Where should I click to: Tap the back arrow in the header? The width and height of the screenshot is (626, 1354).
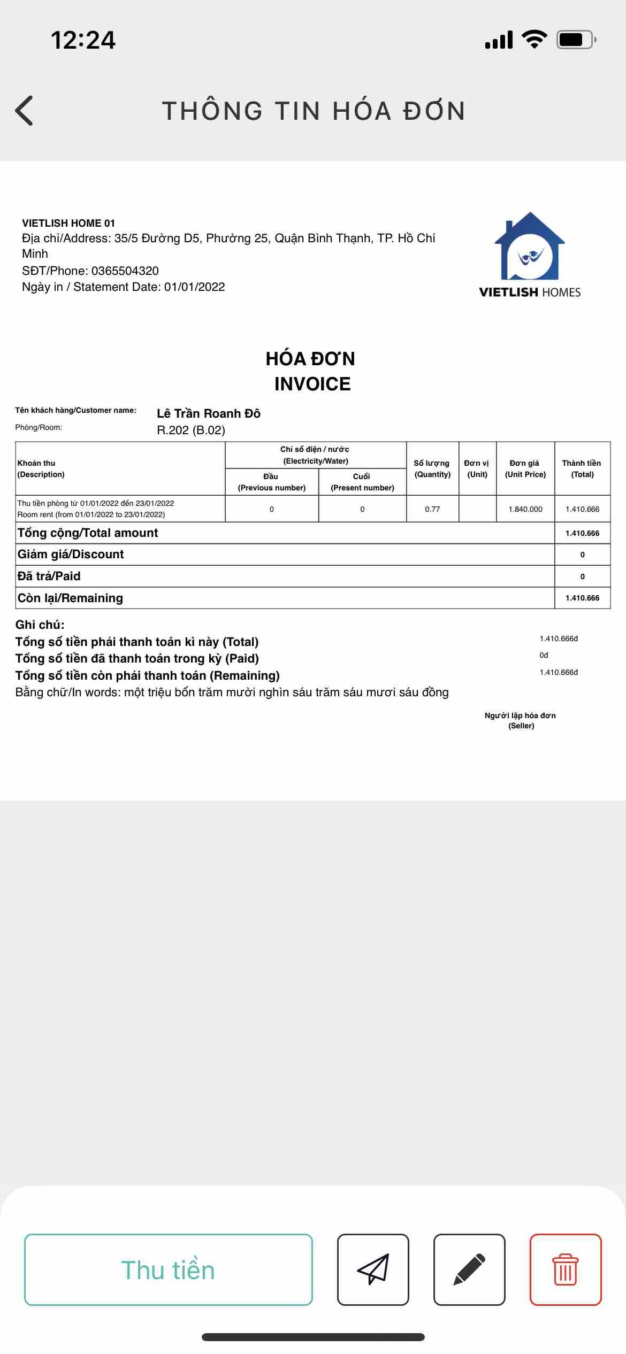coord(25,111)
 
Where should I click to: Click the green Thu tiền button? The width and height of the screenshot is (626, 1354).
coord(168,1270)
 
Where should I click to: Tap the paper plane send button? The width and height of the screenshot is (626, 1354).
coord(373,1270)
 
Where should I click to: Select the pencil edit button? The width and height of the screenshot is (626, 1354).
coord(469,1270)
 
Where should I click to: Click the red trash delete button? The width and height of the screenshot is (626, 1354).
coord(566,1270)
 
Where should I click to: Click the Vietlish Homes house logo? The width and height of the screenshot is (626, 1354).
coord(530,247)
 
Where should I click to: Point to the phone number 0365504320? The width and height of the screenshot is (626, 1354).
coord(125,271)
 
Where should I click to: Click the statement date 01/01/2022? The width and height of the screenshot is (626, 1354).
coord(194,287)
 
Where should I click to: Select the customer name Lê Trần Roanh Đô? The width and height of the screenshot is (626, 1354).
coord(209,413)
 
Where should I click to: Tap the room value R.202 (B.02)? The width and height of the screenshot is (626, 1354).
coord(191,430)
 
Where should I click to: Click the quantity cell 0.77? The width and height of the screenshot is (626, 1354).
coord(432,509)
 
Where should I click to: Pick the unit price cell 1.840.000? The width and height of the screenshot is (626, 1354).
coord(525,509)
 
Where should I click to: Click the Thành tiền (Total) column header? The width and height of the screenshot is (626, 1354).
coord(582,468)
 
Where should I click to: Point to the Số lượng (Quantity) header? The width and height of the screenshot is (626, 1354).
coord(432,468)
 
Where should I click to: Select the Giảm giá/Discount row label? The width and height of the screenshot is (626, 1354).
coord(71,555)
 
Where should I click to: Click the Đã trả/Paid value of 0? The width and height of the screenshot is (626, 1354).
coord(583,576)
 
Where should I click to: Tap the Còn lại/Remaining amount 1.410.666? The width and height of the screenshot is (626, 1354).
coord(583,598)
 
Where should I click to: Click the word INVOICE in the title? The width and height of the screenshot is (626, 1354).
coord(312,384)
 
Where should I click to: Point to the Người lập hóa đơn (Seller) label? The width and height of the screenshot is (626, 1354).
coord(521,720)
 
